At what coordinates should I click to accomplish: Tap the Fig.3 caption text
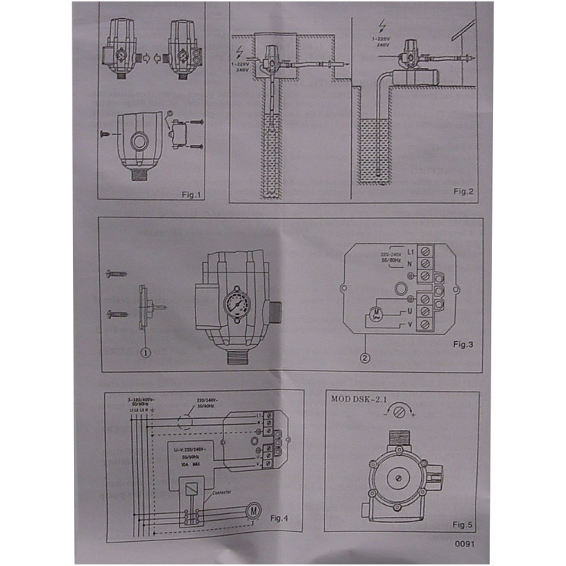pos(461,344)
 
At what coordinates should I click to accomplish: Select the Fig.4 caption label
pos(281,517)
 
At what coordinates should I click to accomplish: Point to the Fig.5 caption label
pos(462,524)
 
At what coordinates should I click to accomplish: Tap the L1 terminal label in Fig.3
pos(411,251)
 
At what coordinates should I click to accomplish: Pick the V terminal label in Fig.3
pos(411,323)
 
